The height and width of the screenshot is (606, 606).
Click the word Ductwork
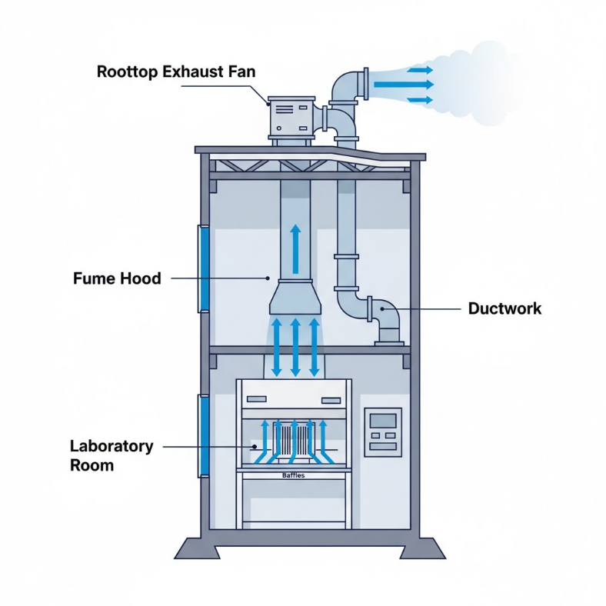(504, 308)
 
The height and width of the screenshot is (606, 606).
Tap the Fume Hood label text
(117, 278)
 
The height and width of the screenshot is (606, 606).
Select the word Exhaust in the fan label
(187, 73)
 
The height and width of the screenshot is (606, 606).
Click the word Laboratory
(112, 446)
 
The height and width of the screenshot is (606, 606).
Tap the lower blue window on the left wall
(205, 435)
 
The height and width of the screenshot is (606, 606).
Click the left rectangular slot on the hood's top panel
(257, 400)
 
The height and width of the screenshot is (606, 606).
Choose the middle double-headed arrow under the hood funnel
(295, 346)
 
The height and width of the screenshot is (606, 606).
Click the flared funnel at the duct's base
(294, 301)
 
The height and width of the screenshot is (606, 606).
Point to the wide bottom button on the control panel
(382, 447)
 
